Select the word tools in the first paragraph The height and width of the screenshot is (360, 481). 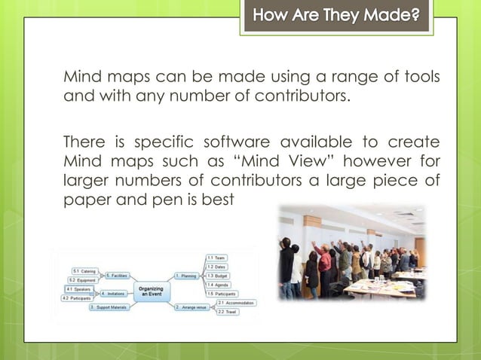pyautogui.click(x=423, y=78)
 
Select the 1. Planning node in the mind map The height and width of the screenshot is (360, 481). pyautogui.click(x=186, y=276)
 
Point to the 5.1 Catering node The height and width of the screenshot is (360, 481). pyautogui.click(x=84, y=270)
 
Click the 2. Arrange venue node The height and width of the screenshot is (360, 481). pyautogui.click(x=191, y=307)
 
